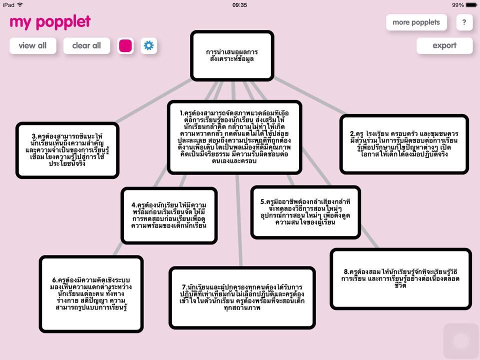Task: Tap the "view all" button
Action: (32, 45)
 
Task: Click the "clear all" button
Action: (86, 45)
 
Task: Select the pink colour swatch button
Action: (125, 46)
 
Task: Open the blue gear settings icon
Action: (148, 46)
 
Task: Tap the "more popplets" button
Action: (416, 22)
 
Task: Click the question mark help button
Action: (464, 22)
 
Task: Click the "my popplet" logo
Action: (50, 21)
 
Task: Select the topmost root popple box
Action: (232, 55)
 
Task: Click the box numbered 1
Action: (234, 137)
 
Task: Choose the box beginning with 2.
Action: (404, 144)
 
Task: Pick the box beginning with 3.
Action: (67, 150)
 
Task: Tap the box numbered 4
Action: (169, 215)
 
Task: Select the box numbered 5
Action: (305, 212)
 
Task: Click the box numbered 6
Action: (91, 293)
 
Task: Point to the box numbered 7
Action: (242, 297)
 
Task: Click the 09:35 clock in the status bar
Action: (240, 5)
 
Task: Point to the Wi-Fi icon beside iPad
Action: (20, 5)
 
